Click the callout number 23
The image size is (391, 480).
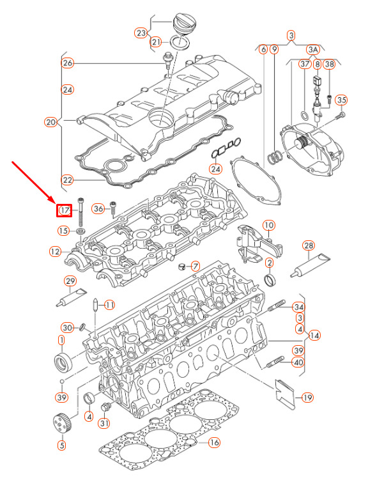tap(141, 33)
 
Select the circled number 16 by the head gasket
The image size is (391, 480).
tap(214, 442)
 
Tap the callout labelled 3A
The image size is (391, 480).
tap(313, 49)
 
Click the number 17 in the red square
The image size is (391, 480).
tap(64, 210)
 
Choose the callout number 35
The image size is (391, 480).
tap(341, 100)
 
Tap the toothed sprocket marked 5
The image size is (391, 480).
tap(61, 424)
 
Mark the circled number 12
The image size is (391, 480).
tap(56, 252)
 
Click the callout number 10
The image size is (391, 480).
tap(268, 225)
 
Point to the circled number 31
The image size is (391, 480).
tap(104, 422)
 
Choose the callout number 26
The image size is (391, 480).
tap(68, 63)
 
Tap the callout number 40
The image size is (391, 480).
tap(298, 363)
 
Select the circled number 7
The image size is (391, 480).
tap(195, 265)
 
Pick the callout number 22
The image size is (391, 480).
tap(68, 179)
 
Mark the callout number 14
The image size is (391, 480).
tap(314, 336)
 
